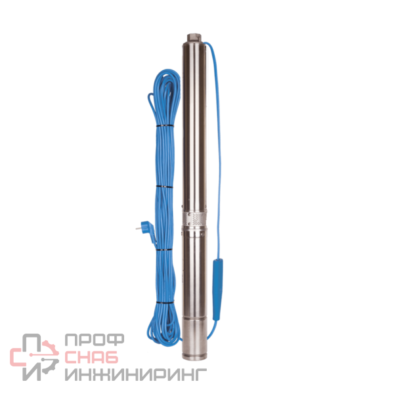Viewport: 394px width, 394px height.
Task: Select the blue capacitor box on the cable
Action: coord(217,290)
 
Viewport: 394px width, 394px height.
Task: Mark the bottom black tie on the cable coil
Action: coord(165,302)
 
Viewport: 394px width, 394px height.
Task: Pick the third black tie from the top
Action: coord(164,250)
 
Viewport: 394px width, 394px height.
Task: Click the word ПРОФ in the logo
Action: coord(95,339)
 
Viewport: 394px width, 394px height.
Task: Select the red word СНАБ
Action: coord(91,357)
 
